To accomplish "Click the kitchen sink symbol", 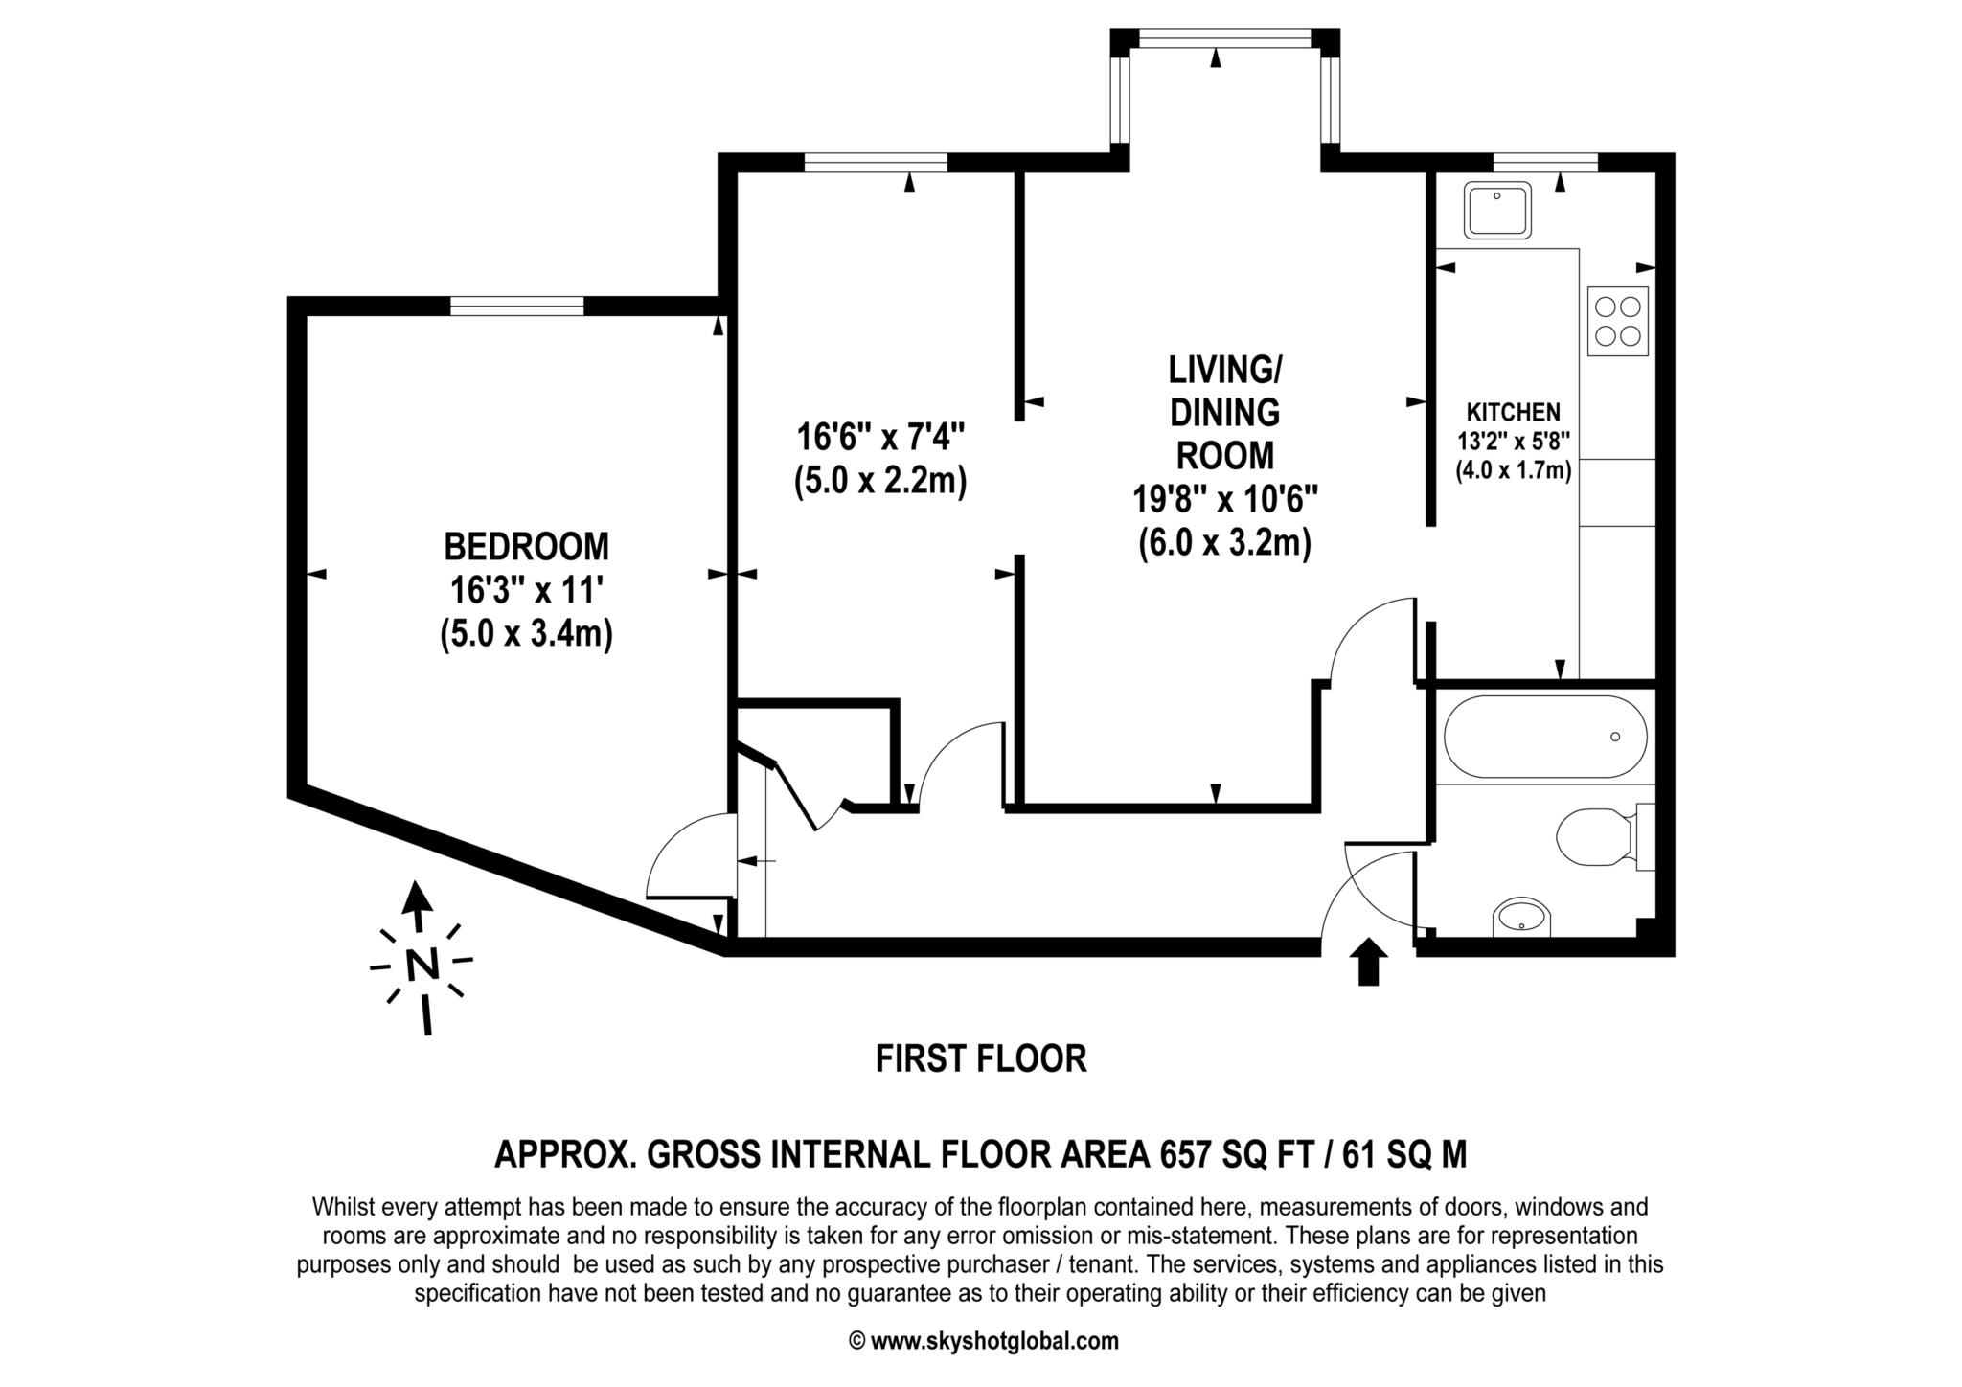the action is tap(1497, 211).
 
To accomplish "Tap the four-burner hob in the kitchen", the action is tap(1618, 321).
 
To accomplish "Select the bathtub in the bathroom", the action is tap(1545, 737).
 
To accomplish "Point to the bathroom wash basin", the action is tap(1522, 918).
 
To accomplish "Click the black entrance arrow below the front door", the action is tap(1368, 962).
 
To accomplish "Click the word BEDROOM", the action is tap(526, 547).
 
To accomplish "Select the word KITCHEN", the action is tap(1514, 413).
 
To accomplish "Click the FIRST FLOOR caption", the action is tap(981, 1058).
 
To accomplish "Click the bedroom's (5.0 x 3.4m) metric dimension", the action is tap(526, 635).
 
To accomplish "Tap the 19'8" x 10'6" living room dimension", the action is tap(1225, 499).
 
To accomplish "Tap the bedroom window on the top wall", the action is tap(516, 307).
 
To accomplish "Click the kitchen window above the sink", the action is tap(1545, 162).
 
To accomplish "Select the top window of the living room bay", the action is tap(1224, 37).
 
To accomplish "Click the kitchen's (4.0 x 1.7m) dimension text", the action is tap(1514, 470).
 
